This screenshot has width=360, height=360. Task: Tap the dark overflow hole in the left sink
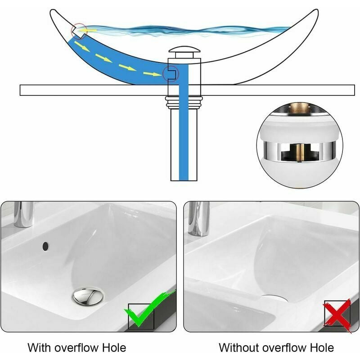[45, 246]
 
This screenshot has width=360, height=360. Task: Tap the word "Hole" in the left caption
[114, 347]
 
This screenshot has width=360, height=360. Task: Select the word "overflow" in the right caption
[284, 348]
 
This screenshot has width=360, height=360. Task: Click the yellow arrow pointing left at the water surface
[87, 30]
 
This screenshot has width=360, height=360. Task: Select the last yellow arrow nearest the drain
[153, 74]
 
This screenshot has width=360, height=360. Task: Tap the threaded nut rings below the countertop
[184, 102]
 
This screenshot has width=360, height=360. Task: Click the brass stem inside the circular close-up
[299, 152]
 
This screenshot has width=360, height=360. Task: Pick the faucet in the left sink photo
[23, 215]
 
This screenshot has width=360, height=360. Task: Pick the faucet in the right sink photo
[198, 219]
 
